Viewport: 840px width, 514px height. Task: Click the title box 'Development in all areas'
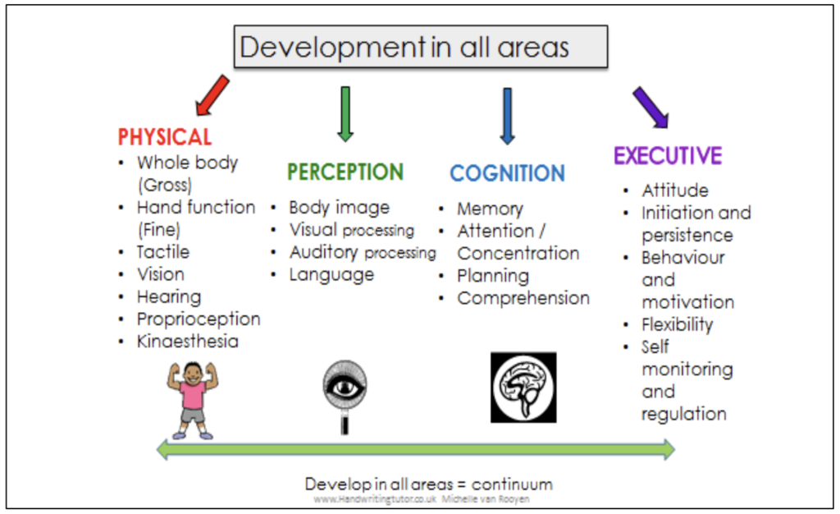(x=421, y=46)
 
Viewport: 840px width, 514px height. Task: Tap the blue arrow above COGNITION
(x=507, y=116)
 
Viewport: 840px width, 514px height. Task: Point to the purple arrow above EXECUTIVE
(x=650, y=106)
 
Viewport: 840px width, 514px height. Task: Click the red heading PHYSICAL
(x=165, y=137)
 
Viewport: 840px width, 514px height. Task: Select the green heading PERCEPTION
(x=345, y=172)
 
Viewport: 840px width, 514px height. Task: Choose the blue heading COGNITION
(x=507, y=173)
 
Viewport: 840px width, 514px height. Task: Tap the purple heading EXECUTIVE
(x=668, y=156)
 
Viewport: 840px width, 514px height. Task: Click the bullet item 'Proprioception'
(x=199, y=319)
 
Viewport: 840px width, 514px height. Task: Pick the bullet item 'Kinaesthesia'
(x=188, y=341)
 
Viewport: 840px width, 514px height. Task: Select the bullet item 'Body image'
(x=339, y=208)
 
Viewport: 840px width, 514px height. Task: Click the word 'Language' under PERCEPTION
(x=331, y=275)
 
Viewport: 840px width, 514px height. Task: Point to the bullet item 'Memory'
(x=490, y=209)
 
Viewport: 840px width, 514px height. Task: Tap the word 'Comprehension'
(x=523, y=298)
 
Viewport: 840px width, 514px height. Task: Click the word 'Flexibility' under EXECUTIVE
(x=678, y=324)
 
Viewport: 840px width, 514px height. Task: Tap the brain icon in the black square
(x=523, y=387)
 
